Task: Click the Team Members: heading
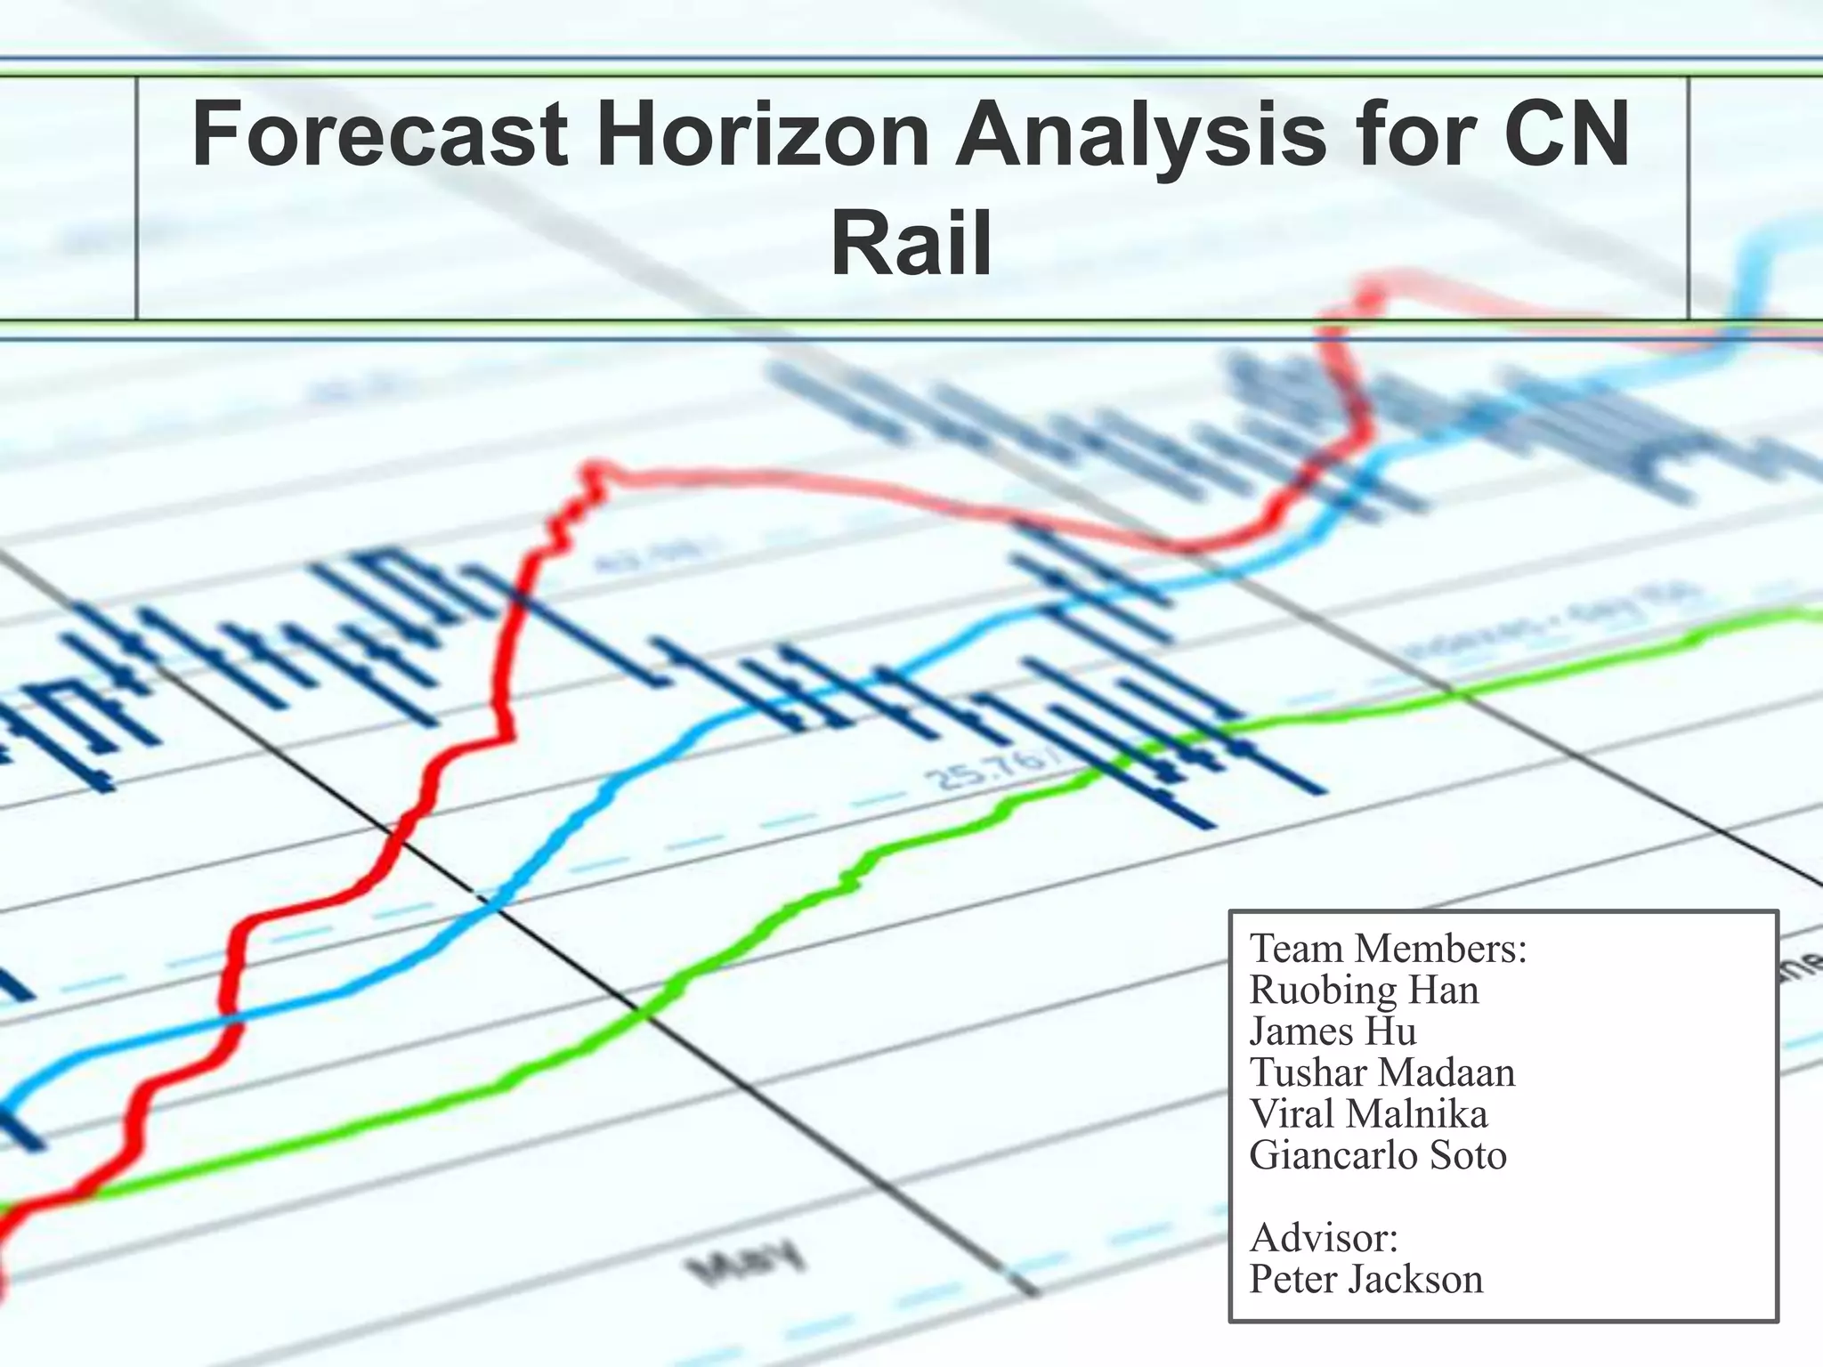point(1388,949)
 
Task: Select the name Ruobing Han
point(1364,991)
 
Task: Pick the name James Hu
point(1333,1031)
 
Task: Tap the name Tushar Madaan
point(1381,1072)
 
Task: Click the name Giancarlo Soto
point(1378,1155)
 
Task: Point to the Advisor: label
point(1324,1238)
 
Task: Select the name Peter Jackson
point(1365,1280)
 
